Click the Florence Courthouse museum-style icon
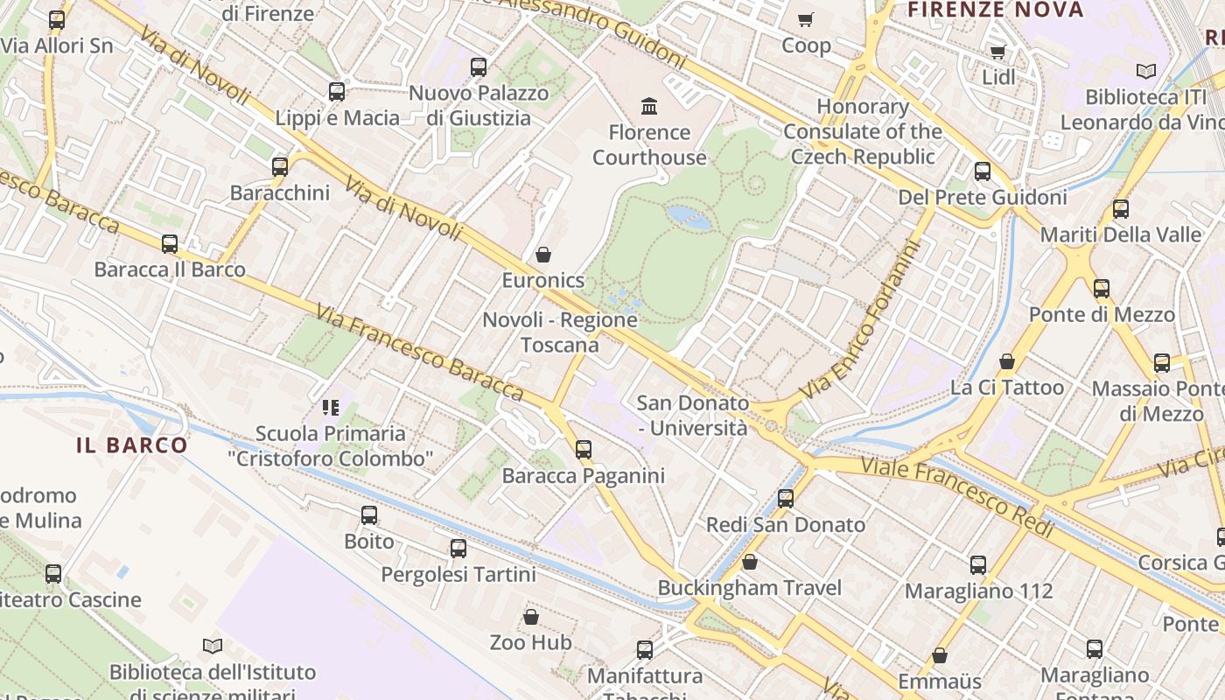pyautogui.click(x=649, y=107)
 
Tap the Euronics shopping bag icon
pyautogui.click(x=543, y=255)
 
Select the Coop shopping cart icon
pyautogui.click(x=806, y=19)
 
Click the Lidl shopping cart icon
pyautogui.click(x=997, y=52)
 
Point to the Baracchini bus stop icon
pyautogui.click(x=280, y=166)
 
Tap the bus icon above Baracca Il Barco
pyautogui.click(x=170, y=243)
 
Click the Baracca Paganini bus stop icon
pyautogui.click(x=584, y=450)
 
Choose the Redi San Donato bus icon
pyautogui.click(x=786, y=499)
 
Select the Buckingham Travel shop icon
pyautogui.click(x=750, y=562)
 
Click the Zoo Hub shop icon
pyautogui.click(x=531, y=617)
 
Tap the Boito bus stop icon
pyautogui.click(x=369, y=515)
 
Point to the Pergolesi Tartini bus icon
pyautogui.click(x=458, y=549)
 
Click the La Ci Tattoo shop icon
pyautogui.click(x=1007, y=361)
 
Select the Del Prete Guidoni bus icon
pyautogui.click(x=983, y=171)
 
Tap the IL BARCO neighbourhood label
pyautogui.click(x=132, y=444)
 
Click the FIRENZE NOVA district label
pyautogui.click(x=996, y=10)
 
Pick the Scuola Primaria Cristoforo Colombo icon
pyautogui.click(x=330, y=407)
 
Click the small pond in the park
pyautogui.click(x=689, y=216)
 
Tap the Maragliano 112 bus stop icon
pyautogui.click(x=978, y=565)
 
